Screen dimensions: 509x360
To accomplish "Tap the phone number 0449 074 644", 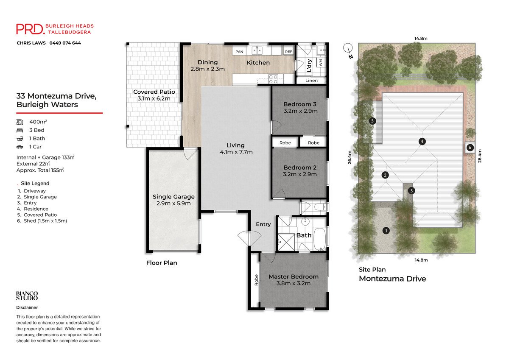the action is coord(65,43).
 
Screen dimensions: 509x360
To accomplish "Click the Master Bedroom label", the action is coord(294,276).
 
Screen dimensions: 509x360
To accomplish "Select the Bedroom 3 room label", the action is coord(300,104).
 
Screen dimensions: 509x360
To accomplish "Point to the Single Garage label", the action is coord(173,197).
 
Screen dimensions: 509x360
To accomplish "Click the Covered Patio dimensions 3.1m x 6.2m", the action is coord(154,98).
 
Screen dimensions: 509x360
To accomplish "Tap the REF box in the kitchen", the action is coord(288,52).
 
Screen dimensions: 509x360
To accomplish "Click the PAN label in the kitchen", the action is coord(239,52).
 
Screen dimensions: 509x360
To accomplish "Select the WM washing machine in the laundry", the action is coord(321,62).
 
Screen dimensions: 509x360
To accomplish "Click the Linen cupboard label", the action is coord(311,81).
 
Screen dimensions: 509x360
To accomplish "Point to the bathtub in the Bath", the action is coord(320,239).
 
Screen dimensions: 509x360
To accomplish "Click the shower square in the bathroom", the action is coord(286,242).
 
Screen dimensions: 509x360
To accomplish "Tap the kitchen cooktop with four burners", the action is coord(273,79).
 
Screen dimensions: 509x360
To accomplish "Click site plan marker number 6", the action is coord(470,148).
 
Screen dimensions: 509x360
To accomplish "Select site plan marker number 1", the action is coord(386,231).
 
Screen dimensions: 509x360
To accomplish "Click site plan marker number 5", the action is coord(372,121).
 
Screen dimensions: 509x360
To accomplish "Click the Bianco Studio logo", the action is coord(27,296).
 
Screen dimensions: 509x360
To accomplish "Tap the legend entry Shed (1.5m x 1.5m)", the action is coord(45,221).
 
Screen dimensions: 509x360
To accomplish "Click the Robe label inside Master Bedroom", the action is coord(256,280).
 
